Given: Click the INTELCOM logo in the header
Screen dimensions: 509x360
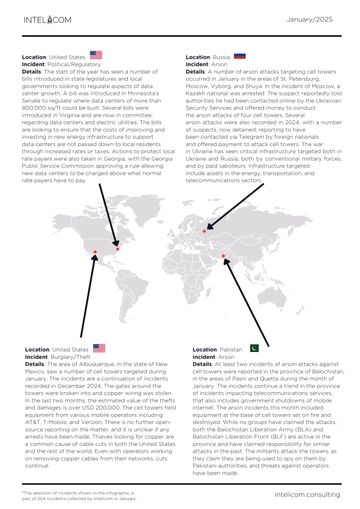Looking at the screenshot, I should click(48, 20).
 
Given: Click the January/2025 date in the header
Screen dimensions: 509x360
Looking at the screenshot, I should click(310, 19).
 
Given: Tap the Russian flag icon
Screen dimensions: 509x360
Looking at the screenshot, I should click(240, 56).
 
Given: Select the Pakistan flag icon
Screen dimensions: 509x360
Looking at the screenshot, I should click(254, 348).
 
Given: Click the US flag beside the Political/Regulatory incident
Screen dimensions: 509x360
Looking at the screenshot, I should click(96, 55).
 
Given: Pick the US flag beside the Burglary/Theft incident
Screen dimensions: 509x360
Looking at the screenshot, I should click(99, 348).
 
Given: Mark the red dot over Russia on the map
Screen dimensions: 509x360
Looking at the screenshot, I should click(204, 232).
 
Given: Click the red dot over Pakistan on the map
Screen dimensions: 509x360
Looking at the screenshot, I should click(223, 256).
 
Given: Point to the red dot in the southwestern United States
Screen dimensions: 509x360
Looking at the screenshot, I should click(94, 253).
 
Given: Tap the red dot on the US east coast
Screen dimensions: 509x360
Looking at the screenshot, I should click(118, 249).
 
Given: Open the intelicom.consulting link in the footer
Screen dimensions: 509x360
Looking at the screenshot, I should click(308, 495).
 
